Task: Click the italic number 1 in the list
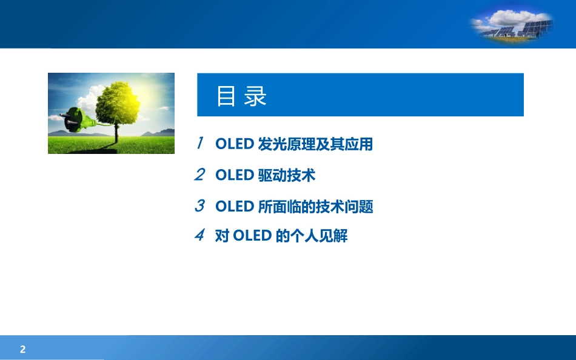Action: [x=199, y=144]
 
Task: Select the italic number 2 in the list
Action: [x=199, y=175]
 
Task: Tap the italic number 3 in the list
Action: [x=199, y=206]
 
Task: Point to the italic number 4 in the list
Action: [x=199, y=235]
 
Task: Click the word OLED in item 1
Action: [x=234, y=144]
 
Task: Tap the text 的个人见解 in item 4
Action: [x=312, y=236]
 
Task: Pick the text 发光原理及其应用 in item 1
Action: [x=315, y=144]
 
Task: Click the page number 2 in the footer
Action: [x=23, y=349]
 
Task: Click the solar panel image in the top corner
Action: [x=512, y=28]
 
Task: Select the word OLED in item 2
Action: [x=234, y=176]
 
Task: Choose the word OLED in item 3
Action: [x=234, y=207]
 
